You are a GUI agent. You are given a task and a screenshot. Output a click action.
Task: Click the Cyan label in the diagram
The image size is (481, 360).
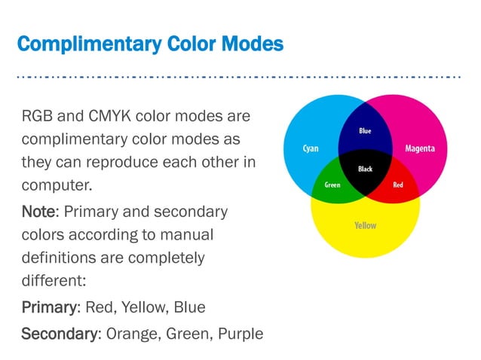click(x=310, y=148)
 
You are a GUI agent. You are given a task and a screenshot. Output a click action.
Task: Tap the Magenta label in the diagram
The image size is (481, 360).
click(x=419, y=148)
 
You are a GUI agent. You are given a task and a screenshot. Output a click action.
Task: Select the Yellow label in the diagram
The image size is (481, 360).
click(x=365, y=225)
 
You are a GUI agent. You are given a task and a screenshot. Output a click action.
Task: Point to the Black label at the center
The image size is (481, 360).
click(x=365, y=169)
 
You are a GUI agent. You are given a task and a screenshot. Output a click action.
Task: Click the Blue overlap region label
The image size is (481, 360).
click(x=365, y=131)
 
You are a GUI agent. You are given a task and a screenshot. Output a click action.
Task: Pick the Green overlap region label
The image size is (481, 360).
click(x=332, y=185)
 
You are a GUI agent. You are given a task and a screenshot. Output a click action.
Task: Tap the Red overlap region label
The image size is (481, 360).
click(x=398, y=185)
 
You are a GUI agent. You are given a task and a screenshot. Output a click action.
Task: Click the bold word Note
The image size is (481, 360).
click(x=35, y=212)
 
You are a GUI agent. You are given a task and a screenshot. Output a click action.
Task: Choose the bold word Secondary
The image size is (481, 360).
click(x=58, y=332)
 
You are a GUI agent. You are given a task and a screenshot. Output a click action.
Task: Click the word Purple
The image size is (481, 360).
click(x=240, y=332)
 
